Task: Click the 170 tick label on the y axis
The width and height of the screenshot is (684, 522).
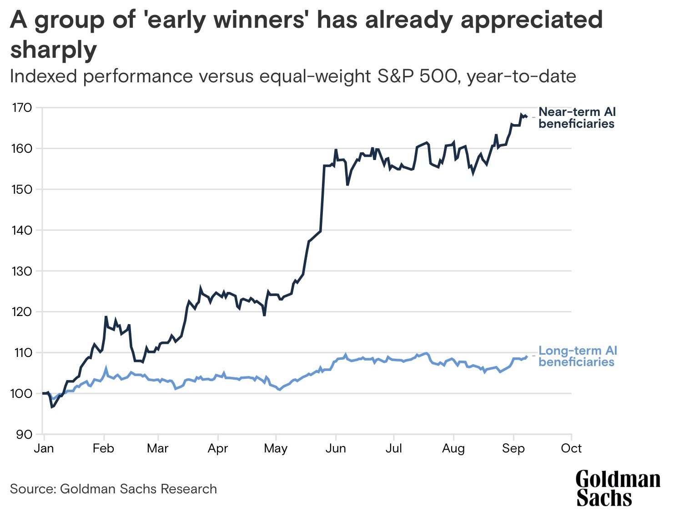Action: pos(21,108)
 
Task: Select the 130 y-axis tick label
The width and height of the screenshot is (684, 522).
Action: pos(21,271)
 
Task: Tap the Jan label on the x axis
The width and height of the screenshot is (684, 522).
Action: pos(44,448)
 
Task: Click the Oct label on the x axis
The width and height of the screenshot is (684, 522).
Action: pos(571,448)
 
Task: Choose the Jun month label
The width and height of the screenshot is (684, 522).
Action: pos(336,448)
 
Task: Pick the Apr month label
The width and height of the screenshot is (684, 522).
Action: pos(217,448)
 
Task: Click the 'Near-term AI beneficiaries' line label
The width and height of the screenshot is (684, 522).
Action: pos(577,118)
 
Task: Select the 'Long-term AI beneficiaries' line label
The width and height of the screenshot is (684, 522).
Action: pos(578,356)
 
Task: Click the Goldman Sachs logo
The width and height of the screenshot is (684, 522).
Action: pos(618,489)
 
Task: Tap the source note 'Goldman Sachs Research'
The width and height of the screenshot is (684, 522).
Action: pos(138,489)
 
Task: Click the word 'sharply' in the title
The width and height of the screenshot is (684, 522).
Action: pos(54,50)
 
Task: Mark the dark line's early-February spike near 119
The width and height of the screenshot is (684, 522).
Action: pos(106,317)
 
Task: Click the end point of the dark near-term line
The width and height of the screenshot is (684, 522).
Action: pos(526,116)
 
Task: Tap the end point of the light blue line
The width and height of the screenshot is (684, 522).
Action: pos(527,357)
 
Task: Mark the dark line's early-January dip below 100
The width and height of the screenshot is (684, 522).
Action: pos(52,407)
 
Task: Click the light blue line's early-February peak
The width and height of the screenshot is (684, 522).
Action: pos(106,369)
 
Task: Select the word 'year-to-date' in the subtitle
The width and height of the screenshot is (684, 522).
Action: pos(522,76)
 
